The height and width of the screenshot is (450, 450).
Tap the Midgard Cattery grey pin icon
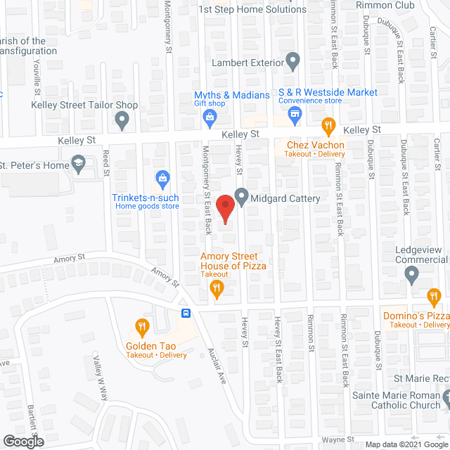(x=241, y=197)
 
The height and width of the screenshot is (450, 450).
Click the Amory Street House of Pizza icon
(x=218, y=287)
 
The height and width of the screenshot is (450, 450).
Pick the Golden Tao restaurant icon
(x=142, y=326)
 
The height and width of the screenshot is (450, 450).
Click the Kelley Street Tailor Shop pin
(x=122, y=122)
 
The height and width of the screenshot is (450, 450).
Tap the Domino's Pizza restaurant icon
(x=433, y=296)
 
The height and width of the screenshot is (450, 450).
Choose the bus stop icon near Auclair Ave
(x=186, y=314)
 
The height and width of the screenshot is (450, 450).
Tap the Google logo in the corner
(x=22, y=441)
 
